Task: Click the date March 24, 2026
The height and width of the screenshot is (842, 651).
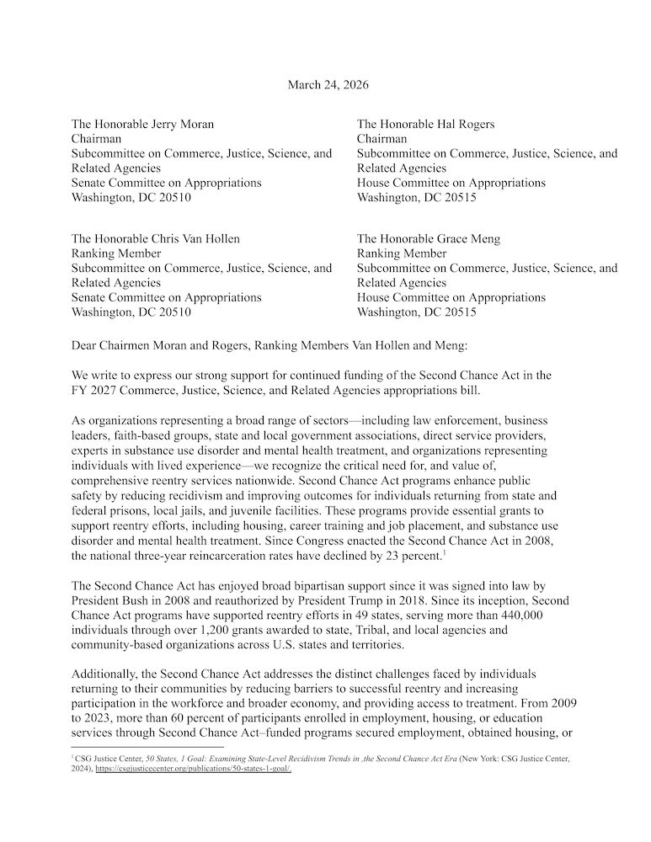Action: pos(328,85)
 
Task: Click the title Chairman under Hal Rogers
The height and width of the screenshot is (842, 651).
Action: pos(382,139)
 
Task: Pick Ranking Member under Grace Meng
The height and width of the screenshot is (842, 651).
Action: pos(402,253)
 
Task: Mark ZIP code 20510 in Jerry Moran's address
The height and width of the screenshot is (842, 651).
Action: pos(173,197)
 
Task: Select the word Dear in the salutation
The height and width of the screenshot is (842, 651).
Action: pos(86,342)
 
